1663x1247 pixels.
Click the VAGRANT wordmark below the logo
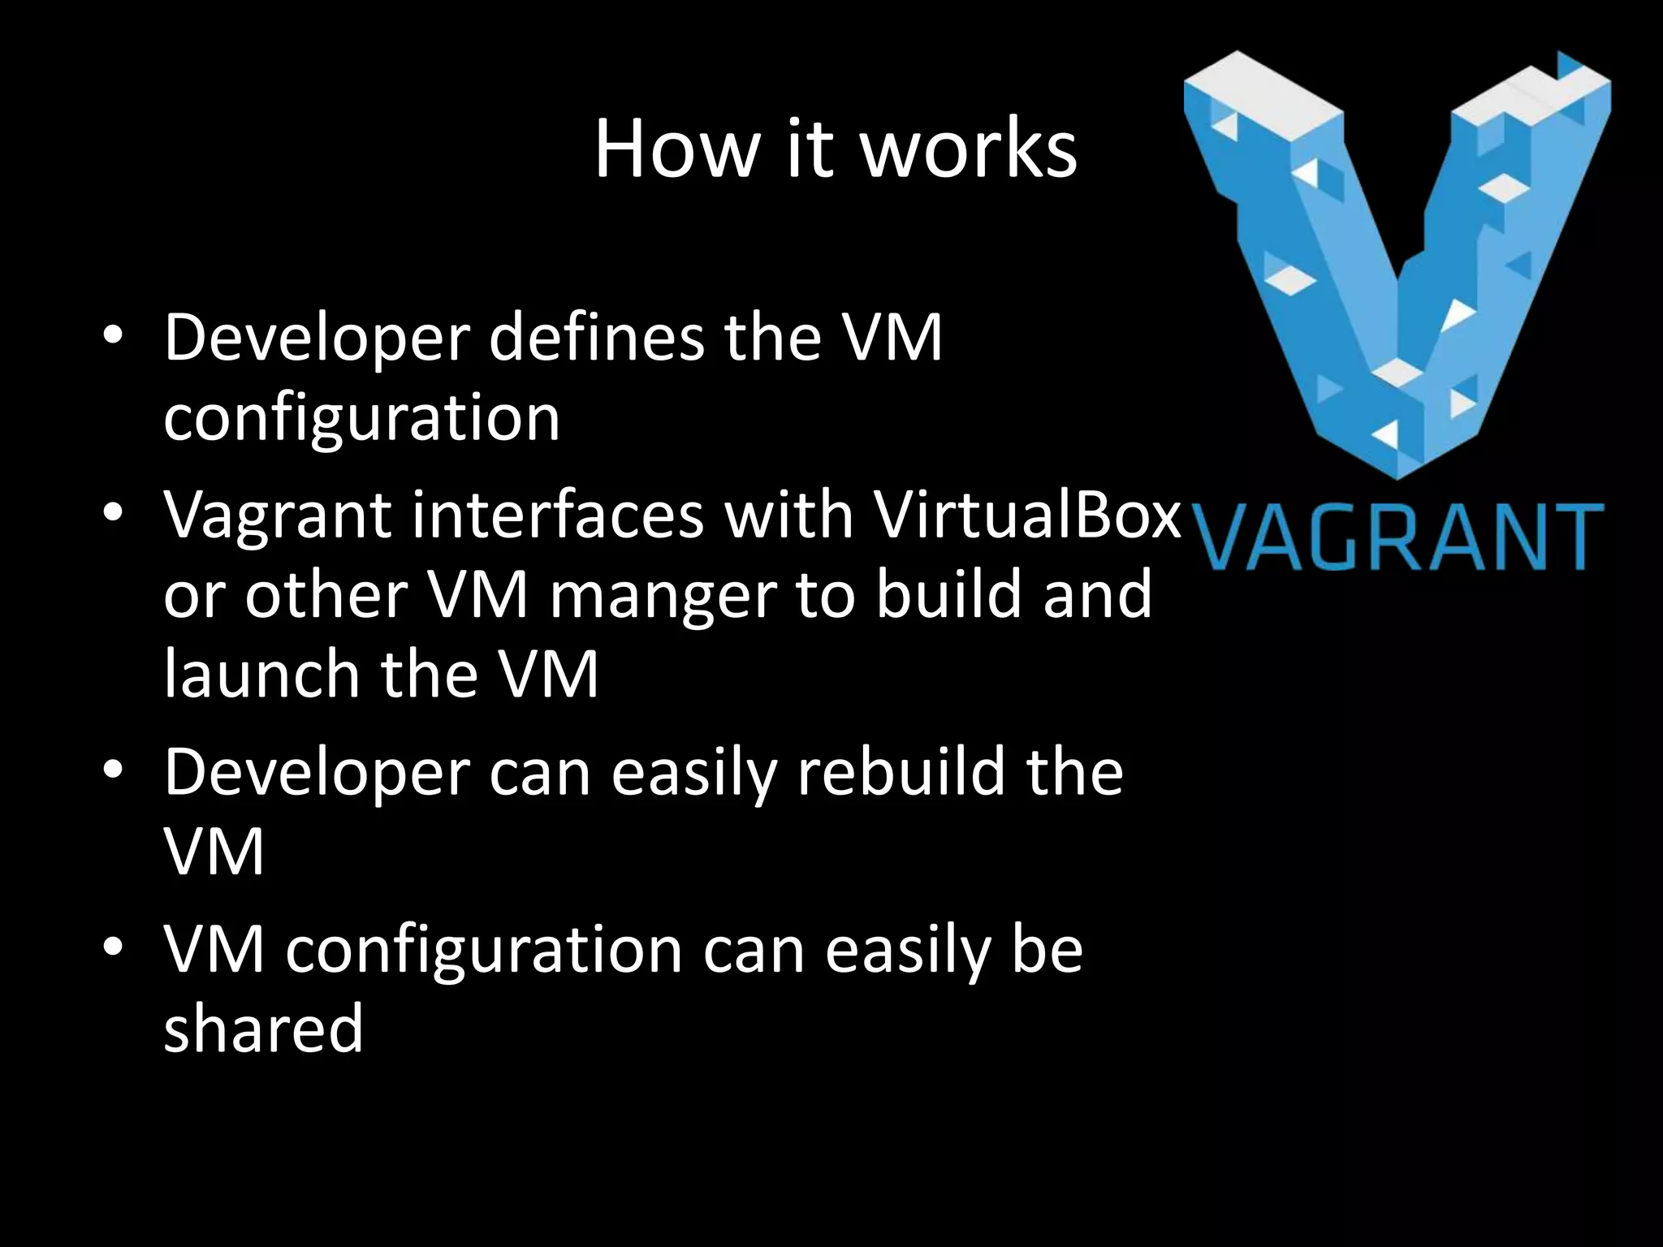pos(1400,537)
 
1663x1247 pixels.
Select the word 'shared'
pos(263,1028)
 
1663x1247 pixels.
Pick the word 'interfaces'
pos(557,515)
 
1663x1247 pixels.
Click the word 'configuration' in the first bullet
pos(361,419)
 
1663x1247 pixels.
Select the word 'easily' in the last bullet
pos(909,951)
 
